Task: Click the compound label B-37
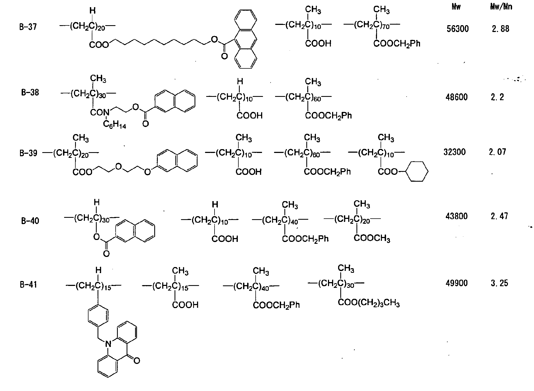point(28,27)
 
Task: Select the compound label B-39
point(28,153)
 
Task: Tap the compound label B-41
point(28,285)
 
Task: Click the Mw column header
point(456,7)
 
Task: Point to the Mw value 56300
point(458,29)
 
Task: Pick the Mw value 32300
point(455,152)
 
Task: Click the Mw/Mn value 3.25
point(499,283)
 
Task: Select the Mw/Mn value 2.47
point(499,216)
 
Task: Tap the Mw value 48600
point(457,97)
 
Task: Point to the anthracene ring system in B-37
point(245,39)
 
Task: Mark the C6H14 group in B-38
point(115,125)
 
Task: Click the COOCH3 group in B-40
point(372,238)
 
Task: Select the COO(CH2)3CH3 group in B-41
point(369,303)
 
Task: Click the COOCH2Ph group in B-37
point(397,44)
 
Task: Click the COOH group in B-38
point(250,115)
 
